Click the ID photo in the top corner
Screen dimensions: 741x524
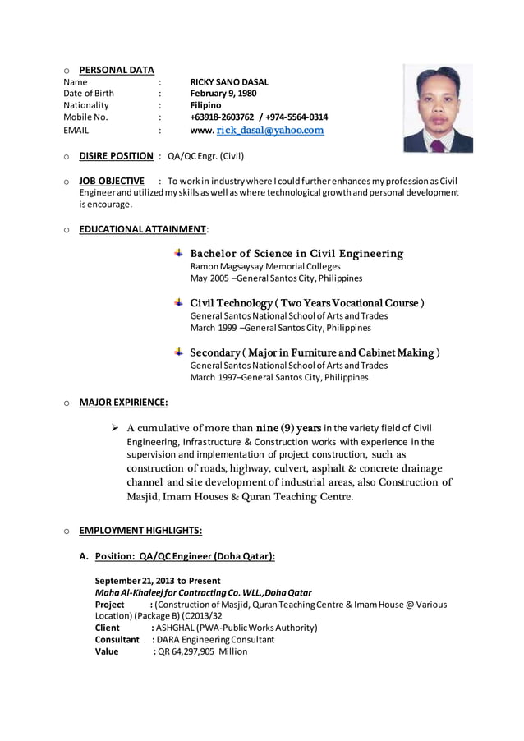438,108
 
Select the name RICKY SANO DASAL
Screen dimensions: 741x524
229,82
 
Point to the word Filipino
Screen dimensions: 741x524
205,106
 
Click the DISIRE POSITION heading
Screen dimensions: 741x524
116,155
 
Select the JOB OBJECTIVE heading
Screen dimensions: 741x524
112,181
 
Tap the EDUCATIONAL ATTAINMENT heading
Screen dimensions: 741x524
142,228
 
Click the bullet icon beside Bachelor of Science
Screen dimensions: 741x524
179,253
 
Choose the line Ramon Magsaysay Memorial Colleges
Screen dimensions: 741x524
264,266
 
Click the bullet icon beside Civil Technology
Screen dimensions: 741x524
179,302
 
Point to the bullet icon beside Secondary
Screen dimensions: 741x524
179,352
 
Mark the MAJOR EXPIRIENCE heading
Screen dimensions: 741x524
123,403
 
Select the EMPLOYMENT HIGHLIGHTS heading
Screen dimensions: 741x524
140,530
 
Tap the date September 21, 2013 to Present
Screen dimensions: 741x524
158,581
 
